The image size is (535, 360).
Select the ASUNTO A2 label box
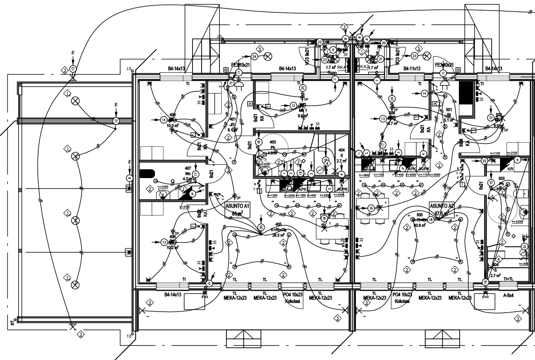[x=442, y=209]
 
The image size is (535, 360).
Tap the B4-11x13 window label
[x=412, y=68]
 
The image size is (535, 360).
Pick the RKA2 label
[x=363, y=67]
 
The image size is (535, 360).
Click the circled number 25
[x=303, y=87]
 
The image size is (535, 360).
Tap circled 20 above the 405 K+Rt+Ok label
[x=261, y=227]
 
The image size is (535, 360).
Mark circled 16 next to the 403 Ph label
[x=258, y=142]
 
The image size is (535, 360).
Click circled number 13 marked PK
[x=73, y=68]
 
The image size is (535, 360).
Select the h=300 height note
[x=523, y=264]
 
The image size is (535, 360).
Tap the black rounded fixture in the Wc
[x=147, y=173]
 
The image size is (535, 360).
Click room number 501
[x=448, y=110]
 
